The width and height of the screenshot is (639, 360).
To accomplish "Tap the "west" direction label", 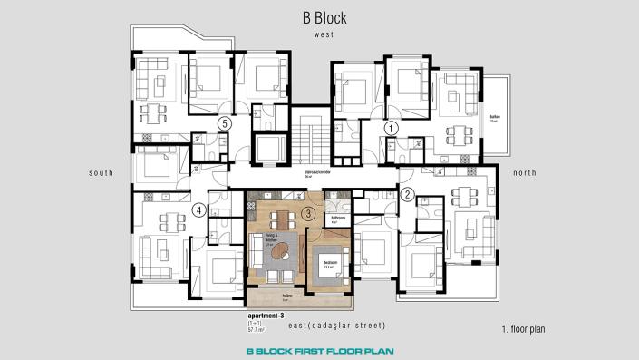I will tap(324, 34).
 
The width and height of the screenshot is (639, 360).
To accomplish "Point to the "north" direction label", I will tap(525, 172).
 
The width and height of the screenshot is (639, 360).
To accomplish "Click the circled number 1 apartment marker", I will tap(391, 128).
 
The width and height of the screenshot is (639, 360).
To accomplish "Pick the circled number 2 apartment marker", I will tap(407, 193).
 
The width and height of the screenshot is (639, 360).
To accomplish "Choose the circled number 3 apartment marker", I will tap(308, 214).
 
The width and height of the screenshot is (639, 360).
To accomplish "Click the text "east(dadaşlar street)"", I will tap(340, 325).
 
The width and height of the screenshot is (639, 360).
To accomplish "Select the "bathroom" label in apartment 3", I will tap(338, 219).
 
